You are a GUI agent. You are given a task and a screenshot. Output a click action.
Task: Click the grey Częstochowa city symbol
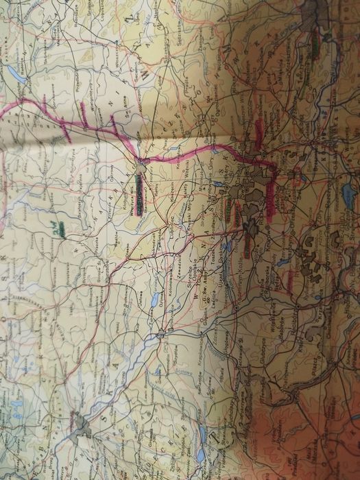tap(141, 165)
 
